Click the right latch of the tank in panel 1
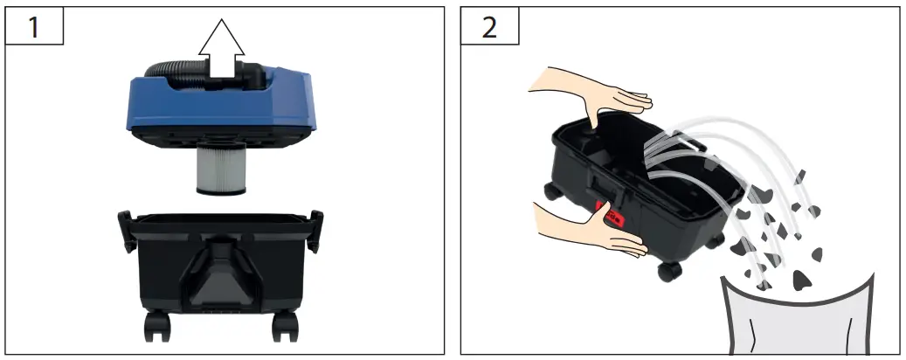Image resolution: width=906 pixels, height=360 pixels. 315,223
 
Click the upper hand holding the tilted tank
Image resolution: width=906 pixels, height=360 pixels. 594,93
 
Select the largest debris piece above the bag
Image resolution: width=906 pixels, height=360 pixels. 801,280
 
